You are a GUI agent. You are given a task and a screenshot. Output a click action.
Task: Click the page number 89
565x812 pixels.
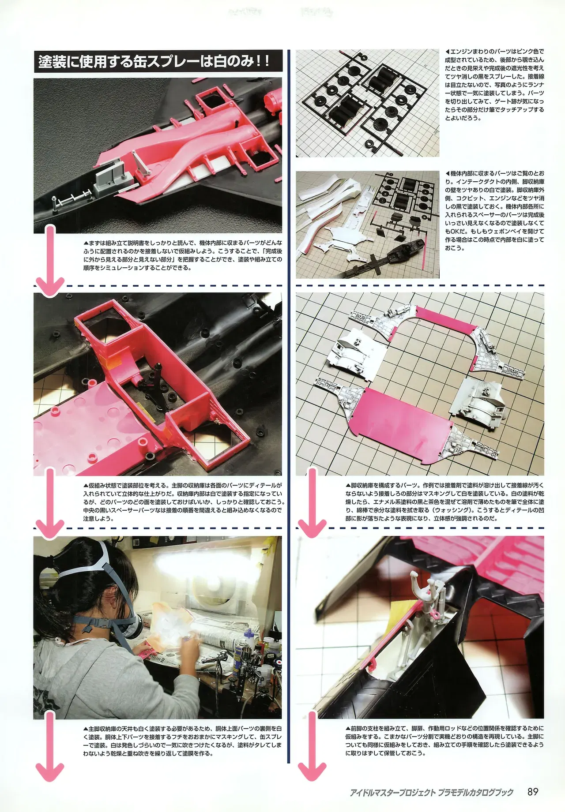[533, 791]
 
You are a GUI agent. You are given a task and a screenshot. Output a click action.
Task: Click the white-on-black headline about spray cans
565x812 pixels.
[158, 61]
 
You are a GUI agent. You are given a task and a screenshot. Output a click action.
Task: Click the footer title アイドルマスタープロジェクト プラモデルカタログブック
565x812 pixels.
[432, 792]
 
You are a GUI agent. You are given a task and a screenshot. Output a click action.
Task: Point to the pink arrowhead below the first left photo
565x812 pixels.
[49, 287]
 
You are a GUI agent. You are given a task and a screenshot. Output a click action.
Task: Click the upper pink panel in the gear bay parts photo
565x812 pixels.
[446, 322]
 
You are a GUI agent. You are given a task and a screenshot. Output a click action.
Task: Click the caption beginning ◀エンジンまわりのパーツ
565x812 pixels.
[495, 85]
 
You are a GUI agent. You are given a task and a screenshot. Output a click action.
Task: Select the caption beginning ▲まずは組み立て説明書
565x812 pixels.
[182, 255]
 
